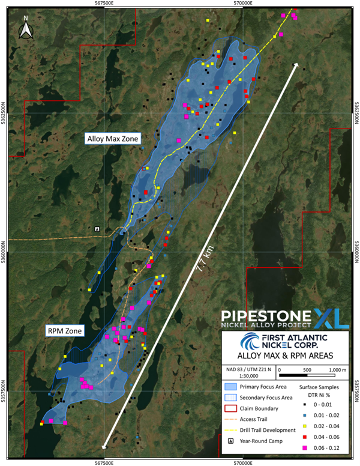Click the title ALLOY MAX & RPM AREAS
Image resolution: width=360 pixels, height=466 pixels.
[286, 356]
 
